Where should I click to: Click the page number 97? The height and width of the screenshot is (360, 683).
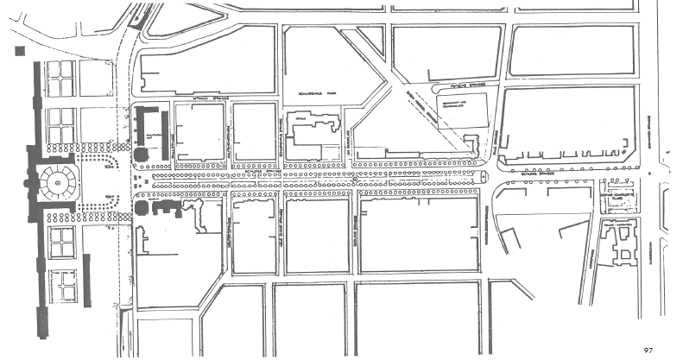point(648,350)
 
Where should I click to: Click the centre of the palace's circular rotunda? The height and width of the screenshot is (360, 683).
point(58,183)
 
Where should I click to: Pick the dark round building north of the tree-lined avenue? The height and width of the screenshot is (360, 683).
point(140,155)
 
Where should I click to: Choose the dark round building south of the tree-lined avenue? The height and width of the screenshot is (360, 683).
point(142,207)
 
